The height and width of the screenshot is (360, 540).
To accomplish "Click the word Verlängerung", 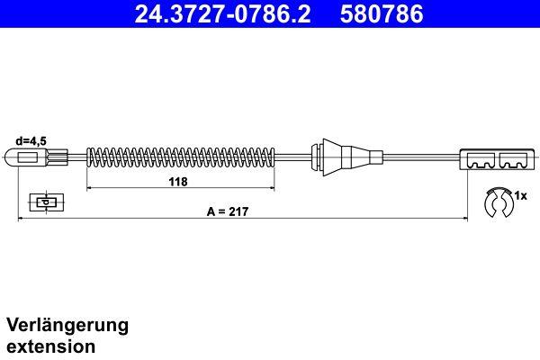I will (x=68, y=324).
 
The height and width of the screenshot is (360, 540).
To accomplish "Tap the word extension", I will (x=51, y=346).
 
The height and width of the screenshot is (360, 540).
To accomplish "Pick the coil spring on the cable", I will (x=180, y=157).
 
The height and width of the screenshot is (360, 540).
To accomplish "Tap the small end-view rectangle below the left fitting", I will (x=43, y=202).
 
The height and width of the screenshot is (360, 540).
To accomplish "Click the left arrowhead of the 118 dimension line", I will (x=89, y=188).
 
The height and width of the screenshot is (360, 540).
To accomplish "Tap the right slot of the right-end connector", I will (x=512, y=163).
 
